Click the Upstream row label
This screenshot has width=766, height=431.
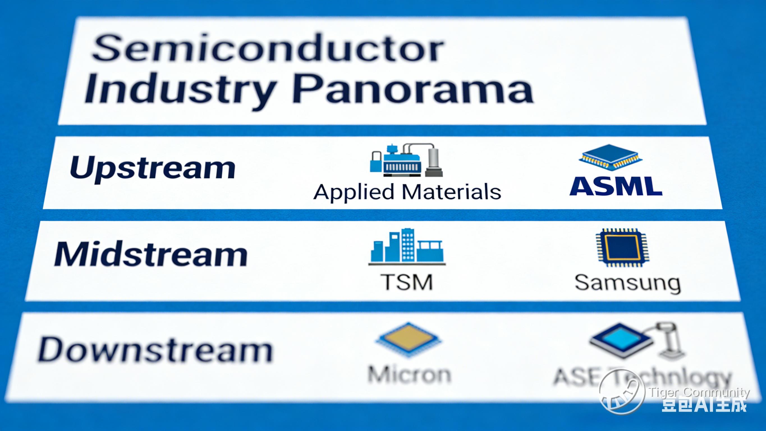click(153, 168)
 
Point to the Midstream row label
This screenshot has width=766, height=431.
click(151, 254)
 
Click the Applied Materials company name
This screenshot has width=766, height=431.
click(407, 192)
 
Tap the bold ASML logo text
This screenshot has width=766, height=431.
click(616, 186)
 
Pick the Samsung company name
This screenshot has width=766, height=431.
click(627, 283)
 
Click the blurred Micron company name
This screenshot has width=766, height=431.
click(409, 374)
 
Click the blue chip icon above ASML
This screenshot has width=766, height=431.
click(610, 158)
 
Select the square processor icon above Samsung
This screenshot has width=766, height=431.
click(622, 248)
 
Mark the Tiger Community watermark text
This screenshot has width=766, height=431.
click(698, 392)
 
